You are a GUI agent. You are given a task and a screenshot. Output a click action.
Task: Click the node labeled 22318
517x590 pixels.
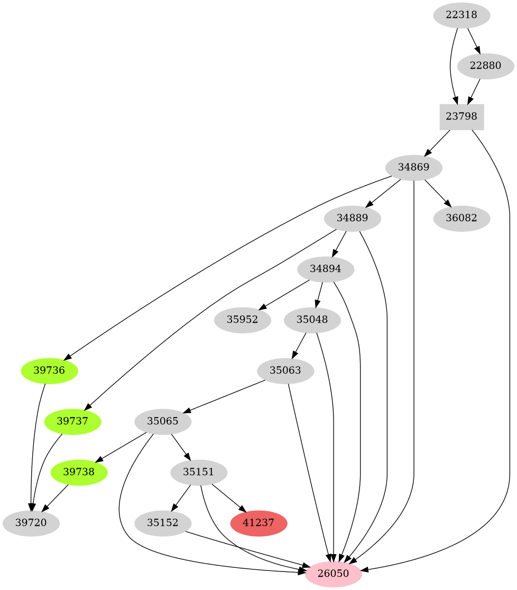click(x=461, y=15)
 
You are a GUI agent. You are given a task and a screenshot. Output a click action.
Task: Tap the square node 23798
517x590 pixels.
click(x=461, y=117)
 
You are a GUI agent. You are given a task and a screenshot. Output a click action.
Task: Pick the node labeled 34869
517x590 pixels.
click(x=414, y=168)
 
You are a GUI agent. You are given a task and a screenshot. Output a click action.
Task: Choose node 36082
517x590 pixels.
click(x=461, y=219)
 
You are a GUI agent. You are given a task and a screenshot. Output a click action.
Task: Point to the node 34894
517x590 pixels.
click(x=326, y=269)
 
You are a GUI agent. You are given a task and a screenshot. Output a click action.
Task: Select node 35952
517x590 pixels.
click(x=243, y=320)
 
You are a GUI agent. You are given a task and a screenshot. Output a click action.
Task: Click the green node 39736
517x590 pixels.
click(x=49, y=371)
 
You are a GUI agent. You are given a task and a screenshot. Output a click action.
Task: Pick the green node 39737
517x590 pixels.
click(x=73, y=422)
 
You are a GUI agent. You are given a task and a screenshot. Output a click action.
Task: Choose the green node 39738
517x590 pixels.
click(x=79, y=473)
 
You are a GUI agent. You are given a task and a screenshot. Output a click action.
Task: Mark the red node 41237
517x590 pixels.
click(x=259, y=523)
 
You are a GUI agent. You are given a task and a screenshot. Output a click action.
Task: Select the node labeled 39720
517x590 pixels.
click(x=31, y=523)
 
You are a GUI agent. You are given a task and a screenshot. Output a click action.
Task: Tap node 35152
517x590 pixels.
click(x=163, y=523)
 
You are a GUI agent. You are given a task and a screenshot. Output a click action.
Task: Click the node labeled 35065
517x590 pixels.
click(x=163, y=422)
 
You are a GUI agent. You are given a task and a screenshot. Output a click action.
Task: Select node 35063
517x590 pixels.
click(x=285, y=371)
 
